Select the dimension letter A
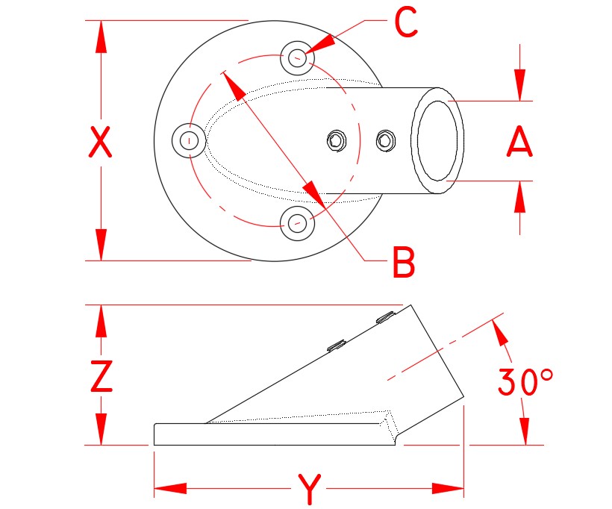point(519,142)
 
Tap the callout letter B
point(403,262)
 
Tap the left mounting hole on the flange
point(190,140)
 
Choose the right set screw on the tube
point(385,140)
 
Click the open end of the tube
point(438,140)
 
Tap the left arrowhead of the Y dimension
point(168,489)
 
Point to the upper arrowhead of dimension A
point(519,86)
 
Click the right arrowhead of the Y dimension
point(450,489)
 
